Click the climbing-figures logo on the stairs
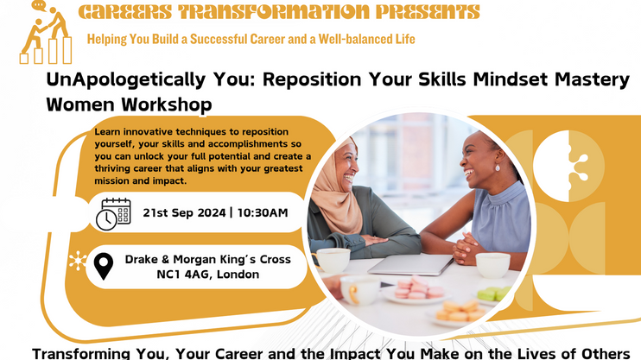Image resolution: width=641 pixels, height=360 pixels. point(46,33)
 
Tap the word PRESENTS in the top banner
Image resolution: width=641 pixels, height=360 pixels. point(428,12)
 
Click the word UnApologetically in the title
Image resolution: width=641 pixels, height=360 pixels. point(126,80)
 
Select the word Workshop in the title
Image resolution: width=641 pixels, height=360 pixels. point(167,104)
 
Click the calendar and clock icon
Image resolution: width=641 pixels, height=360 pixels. point(113,214)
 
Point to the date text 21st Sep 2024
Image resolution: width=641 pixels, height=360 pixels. point(184,212)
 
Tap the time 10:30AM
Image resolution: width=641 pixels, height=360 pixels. point(263,212)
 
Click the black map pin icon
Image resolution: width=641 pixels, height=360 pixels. point(104,266)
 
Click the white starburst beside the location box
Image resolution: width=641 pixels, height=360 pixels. point(78,261)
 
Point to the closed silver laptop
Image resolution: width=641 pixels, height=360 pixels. point(411,264)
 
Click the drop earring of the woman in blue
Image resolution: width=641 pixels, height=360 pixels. point(498,167)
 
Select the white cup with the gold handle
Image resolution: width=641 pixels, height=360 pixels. point(359,289)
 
